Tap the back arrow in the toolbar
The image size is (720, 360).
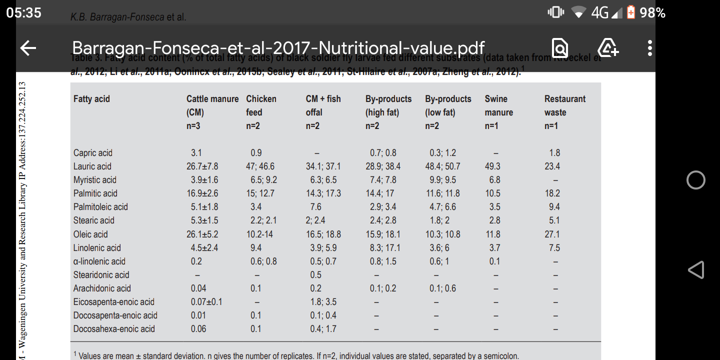pyautogui.click(x=28, y=48)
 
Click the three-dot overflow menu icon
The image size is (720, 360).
pyautogui.click(x=649, y=48)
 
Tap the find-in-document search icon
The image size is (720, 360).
pyautogui.click(x=560, y=48)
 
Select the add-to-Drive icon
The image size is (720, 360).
pyautogui.click(x=608, y=48)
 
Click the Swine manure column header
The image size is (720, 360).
pyautogui.click(x=498, y=105)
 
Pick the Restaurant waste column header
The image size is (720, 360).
pyautogui.click(x=564, y=105)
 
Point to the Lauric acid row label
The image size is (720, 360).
pyautogui.click(x=92, y=166)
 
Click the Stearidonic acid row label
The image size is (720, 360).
pyautogui.click(x=101, y=275)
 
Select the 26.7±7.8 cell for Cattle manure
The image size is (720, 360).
pyautogui.click(x=202, y=166)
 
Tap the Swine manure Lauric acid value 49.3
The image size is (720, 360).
pyautogui.click(x=492, y=166)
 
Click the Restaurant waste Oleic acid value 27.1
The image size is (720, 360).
pyautogui.click(x=552, y=234)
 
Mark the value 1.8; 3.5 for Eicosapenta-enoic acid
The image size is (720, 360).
pyautogui.click(x=323, y=302)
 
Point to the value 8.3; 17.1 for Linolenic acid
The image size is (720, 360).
pyautogui.click(x=383, y=248)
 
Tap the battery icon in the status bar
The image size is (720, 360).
pyautogui.click(x=631, y=12)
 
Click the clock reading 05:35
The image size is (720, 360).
pyautogui.click(x=24, y=12)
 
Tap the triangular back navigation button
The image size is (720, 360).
pyautogui.click(x=696, y=270)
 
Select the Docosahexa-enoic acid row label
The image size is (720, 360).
pyautogui.click(x=114, y=329)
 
